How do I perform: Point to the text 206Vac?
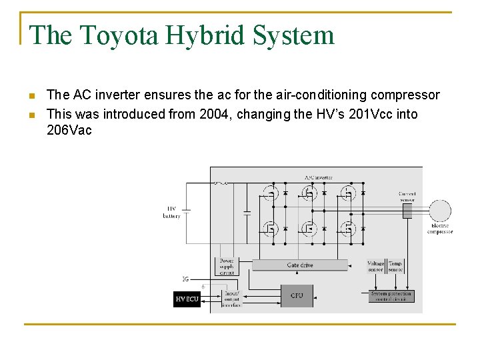tap(69, 130)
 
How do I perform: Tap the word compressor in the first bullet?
tap(407, 95)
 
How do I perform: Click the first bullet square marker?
tap(31, 95)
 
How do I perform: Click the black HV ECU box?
tap(187, 299)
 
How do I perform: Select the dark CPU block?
tap(297, 295)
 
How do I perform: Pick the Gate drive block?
tap(300, 265)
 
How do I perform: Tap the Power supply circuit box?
tap(227, 267)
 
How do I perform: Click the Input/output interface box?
tap(233, 299)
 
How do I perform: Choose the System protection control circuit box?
tap(391, 296)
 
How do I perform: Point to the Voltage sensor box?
tap(375, 267)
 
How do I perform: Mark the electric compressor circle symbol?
tap(439, 211)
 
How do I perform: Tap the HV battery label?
tap(171, 213)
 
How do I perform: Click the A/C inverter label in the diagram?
tap(318, 178)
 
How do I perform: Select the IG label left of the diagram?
tap(185, 278)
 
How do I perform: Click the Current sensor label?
tap(407, 197)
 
